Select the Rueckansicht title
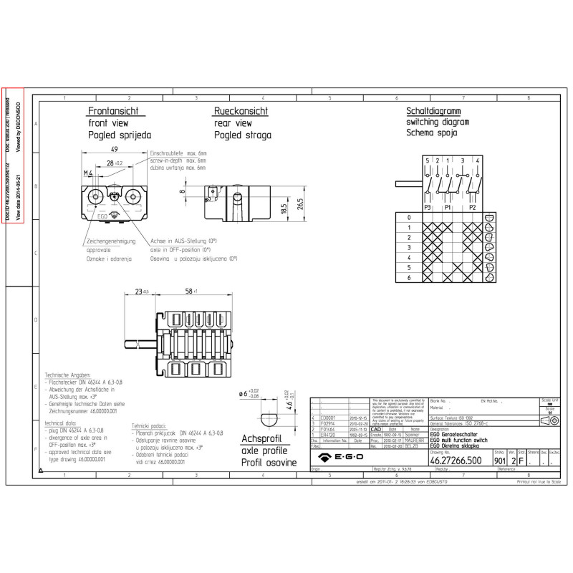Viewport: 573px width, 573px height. coord(241,112)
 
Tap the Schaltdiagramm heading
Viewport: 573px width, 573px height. coord(433,112)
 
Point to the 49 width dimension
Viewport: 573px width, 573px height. coord(115,149)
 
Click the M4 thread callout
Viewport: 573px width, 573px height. coord(87,173)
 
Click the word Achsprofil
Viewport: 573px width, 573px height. coord(261,438)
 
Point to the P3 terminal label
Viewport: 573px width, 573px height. coord(428,207)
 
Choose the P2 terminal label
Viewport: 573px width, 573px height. coord(473,207)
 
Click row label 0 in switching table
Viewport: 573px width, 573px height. coord(409,217)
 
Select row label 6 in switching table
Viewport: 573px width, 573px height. coord(409,277)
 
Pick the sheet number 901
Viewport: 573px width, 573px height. coord(500,461)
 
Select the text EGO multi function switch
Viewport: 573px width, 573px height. coord(459,440)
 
